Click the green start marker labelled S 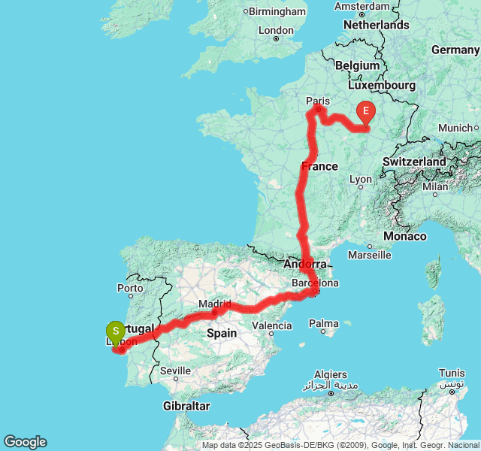click(115, 331)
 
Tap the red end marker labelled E click(366, 113)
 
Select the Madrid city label click(214, 304)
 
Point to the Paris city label click(318, 101)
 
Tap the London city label click(275, 30)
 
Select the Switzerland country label click(414, 162)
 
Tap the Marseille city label click(369, 255)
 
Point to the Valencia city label click(271, 325)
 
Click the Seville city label click(175, 371)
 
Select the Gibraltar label click(186, 406)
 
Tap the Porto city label click(130, 288)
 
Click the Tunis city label click(452, 373)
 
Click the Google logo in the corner click(25, 442)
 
